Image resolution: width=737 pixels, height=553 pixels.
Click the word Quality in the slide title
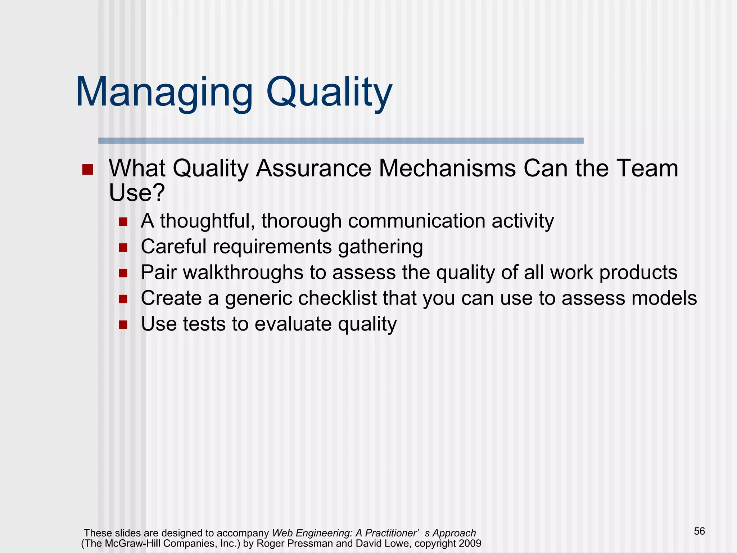(329, 93)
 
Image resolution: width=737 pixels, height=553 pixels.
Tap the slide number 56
(699, 531)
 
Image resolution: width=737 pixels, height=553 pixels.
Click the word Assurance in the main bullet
(313, 168)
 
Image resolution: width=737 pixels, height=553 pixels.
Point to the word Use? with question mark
(137, 193)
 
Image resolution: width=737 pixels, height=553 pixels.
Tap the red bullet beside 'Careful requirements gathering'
(123, 248)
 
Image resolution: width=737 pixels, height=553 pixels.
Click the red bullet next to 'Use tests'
(123, 325)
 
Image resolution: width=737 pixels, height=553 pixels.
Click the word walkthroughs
(243, 273)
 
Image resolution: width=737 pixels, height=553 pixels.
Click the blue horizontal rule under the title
(341, 141)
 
